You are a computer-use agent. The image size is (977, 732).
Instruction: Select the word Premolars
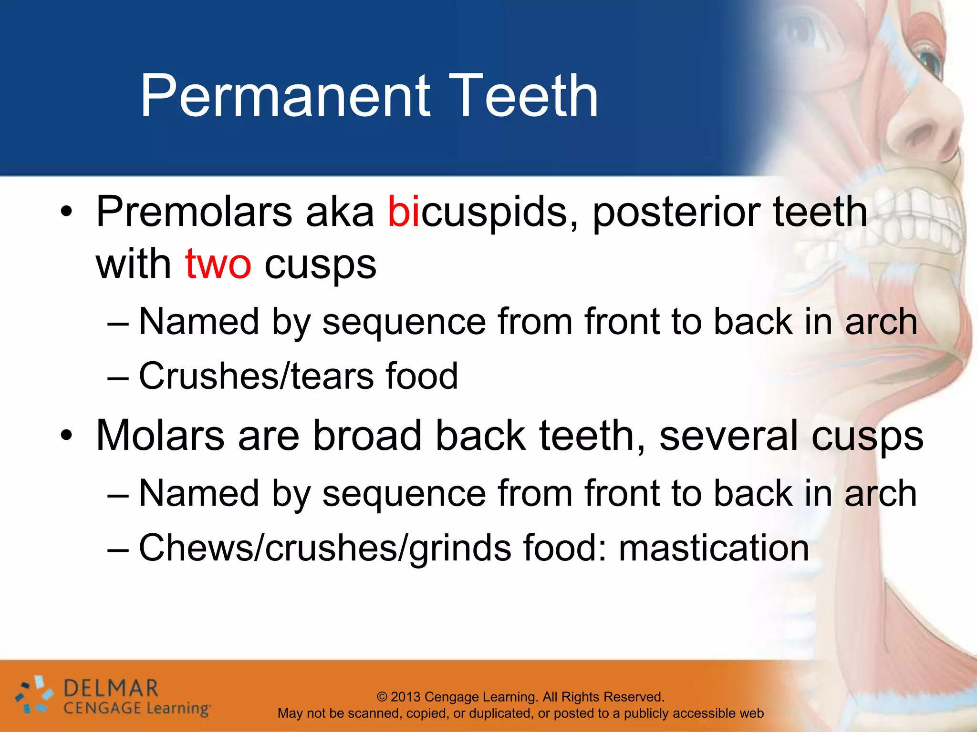click(x=194, y=212)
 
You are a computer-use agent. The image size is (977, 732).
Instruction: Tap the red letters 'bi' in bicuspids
click(x=403, y=212)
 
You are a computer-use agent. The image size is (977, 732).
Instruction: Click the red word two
click(x=218, y=264)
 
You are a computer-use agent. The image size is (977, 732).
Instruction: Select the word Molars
click(x=160, y=436)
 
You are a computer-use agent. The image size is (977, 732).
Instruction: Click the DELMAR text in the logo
click(x=110, y=689)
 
